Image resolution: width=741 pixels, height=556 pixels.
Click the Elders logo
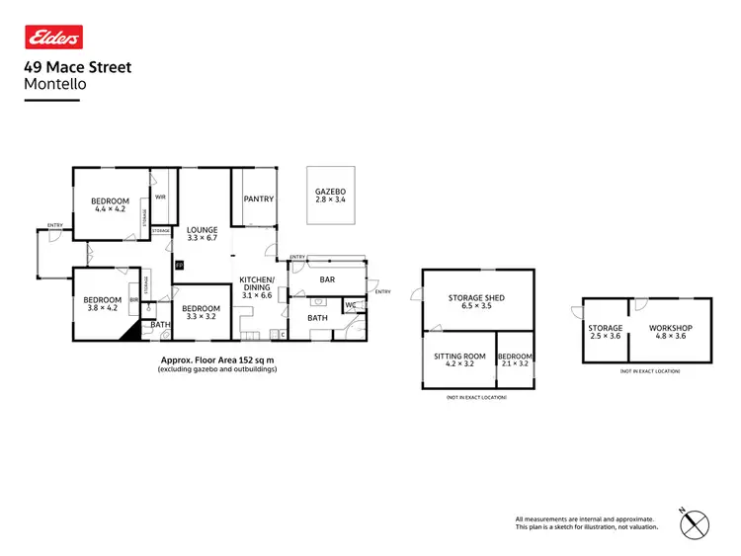pos(52,38)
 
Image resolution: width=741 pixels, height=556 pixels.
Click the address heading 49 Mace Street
pos(77,68)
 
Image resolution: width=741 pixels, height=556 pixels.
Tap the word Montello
pos(54,84)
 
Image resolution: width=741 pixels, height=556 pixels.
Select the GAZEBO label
pos(330,192)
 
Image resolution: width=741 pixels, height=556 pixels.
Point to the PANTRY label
pos(258,199)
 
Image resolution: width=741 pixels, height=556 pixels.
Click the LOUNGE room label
pos(202,230)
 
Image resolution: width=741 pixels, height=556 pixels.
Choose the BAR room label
pos(327,279)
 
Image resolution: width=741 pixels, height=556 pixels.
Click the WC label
pos(350,305)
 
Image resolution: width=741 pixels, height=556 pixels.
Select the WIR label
pos(161,196)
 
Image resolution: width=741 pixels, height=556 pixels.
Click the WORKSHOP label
pos(670,328)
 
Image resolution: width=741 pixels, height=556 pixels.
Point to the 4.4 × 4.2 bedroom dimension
pos(112,209)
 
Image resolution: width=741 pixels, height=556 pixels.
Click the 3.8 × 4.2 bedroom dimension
pos(102,308)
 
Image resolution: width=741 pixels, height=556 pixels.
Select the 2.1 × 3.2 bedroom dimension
pos(515,363)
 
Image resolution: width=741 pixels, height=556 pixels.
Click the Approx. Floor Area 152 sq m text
pos(216,361)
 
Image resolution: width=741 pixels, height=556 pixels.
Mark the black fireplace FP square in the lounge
pos(179,266)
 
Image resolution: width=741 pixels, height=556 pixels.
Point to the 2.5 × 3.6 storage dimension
pos(605,336)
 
